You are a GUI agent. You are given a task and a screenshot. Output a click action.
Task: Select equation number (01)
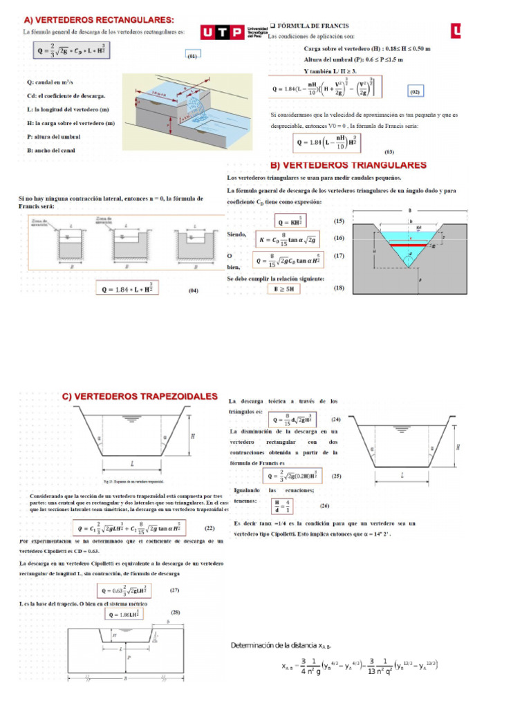192,57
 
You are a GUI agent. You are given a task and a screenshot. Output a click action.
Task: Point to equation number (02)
414,91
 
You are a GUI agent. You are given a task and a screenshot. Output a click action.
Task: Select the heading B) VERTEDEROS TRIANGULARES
347,166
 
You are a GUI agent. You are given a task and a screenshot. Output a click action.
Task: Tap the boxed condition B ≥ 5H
284,288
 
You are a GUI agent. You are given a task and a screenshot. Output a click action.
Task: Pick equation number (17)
339,256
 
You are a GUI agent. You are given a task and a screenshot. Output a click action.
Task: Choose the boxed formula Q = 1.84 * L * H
127,289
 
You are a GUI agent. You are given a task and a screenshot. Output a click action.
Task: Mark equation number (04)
194,291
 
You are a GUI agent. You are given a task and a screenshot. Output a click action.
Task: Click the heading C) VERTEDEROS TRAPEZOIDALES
140,396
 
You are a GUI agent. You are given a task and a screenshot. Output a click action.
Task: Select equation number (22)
209,528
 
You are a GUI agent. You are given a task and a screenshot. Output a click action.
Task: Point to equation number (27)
174,590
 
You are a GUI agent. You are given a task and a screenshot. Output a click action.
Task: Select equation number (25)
336,476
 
